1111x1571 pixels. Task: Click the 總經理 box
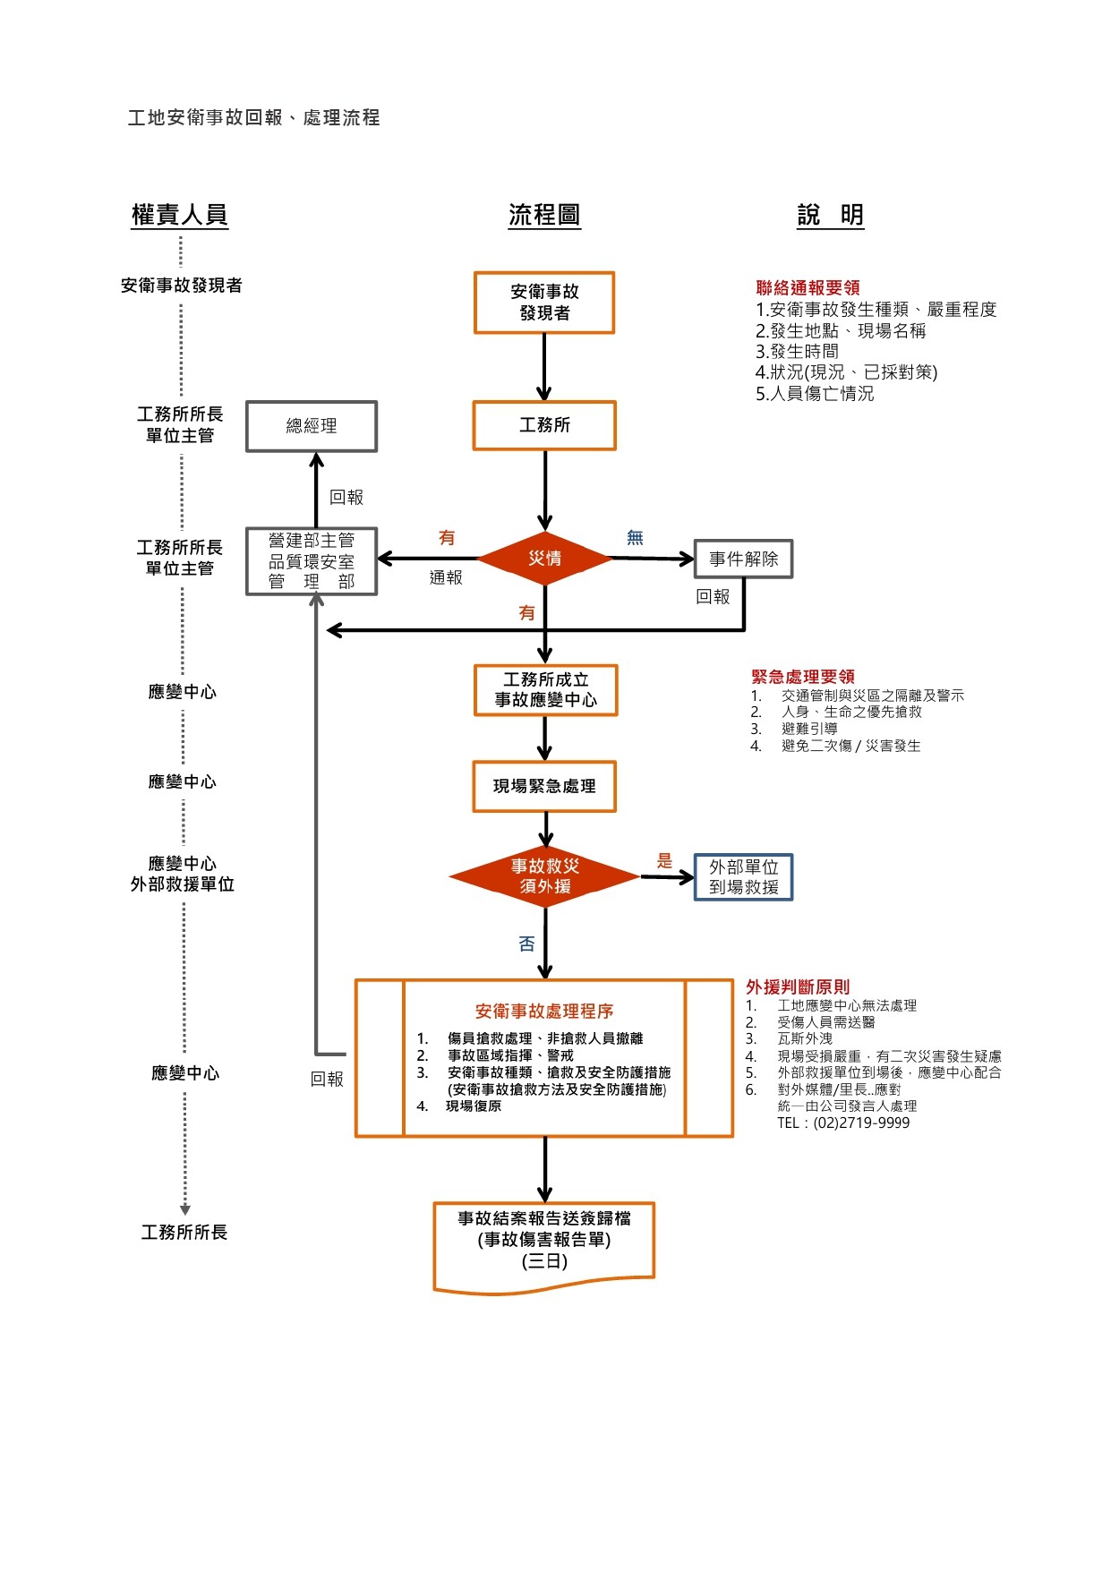point(312,426)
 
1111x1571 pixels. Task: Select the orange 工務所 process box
point(544,425)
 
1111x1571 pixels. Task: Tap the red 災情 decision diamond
point(544,559)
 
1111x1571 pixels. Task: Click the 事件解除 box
point(743,559)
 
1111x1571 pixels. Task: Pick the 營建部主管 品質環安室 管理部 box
point(312,561)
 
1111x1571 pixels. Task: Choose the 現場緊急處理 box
point(544,787)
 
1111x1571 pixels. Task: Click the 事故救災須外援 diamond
point(544,876)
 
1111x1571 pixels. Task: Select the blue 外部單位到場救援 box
point(743,877)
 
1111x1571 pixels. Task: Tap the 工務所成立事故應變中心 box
point(545,690)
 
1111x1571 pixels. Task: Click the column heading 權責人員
point(180,215)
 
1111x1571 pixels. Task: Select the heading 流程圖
point(544,215)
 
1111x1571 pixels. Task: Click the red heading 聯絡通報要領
point(808,288)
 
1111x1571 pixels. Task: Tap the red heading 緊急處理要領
point(803,677)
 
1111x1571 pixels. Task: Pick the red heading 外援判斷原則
point(798,987)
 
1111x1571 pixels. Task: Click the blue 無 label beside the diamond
point(635,538)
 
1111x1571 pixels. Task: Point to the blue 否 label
point(526,943)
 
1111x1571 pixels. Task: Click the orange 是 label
point(664,861)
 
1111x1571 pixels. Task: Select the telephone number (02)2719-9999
point(861,1123)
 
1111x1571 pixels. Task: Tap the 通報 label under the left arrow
point(446,578)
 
